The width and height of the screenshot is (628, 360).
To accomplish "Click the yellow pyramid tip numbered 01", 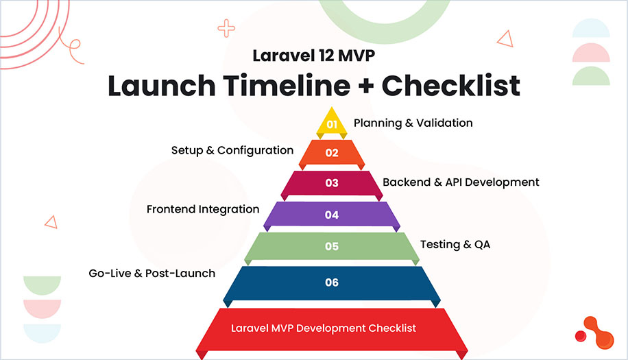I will (332, 123).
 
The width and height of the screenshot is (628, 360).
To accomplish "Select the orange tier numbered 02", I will (332, 152).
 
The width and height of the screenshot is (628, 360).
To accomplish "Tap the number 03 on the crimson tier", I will (332, 183).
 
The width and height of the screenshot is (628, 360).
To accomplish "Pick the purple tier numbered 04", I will (332, 215).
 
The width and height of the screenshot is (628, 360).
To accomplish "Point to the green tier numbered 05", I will (332, 246).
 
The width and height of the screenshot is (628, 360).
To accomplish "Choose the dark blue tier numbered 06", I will (332, 283).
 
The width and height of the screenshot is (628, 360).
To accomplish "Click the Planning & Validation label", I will (413, 123).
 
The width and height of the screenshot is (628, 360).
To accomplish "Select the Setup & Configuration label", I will (232, 150).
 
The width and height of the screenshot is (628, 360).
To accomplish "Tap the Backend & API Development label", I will (461, 182).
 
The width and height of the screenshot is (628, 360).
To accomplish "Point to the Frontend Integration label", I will (203, 209).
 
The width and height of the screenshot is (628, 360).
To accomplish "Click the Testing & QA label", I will (455, 244).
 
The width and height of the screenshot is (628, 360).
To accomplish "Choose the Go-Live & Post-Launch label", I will (152, 273).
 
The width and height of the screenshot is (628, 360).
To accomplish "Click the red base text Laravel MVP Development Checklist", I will (324, 328).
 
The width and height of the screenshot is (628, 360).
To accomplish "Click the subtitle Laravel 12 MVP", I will (313, 56).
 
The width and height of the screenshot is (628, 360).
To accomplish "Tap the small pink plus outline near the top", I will (226, 28).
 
